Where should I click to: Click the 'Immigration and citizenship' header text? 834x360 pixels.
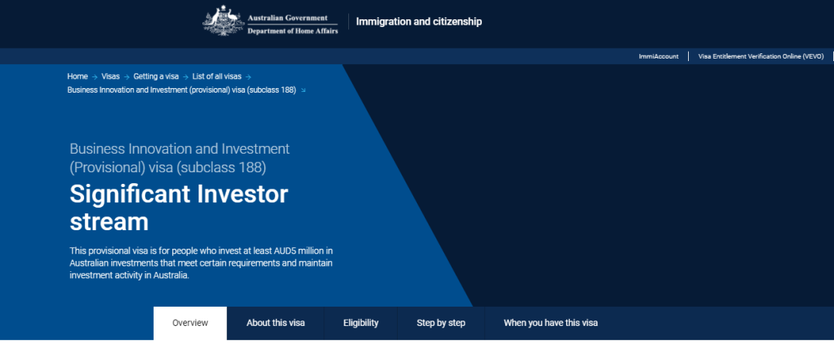[419, 22]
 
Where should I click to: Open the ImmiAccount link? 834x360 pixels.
[659, 56]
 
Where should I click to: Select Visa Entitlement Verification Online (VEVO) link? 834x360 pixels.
[761, 56]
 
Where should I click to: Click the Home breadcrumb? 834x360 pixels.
[77, 76]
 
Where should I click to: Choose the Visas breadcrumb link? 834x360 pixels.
[110, 76]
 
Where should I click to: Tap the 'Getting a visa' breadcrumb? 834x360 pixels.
[156, 76]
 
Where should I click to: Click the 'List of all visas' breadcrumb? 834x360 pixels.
[216, 76]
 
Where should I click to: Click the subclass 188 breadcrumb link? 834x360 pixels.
[181, 90]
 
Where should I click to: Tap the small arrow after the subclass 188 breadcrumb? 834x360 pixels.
[303, 90]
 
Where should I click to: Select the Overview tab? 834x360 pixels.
[190, 323]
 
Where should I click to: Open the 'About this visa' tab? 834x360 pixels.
[276, 323]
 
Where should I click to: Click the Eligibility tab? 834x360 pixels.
[361, 323]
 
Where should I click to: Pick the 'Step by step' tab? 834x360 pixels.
[441, 323]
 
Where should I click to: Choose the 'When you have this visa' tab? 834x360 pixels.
[551, 323]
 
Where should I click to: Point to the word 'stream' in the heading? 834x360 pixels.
[109, 222]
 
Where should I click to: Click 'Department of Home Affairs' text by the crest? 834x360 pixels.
[293, 31]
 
